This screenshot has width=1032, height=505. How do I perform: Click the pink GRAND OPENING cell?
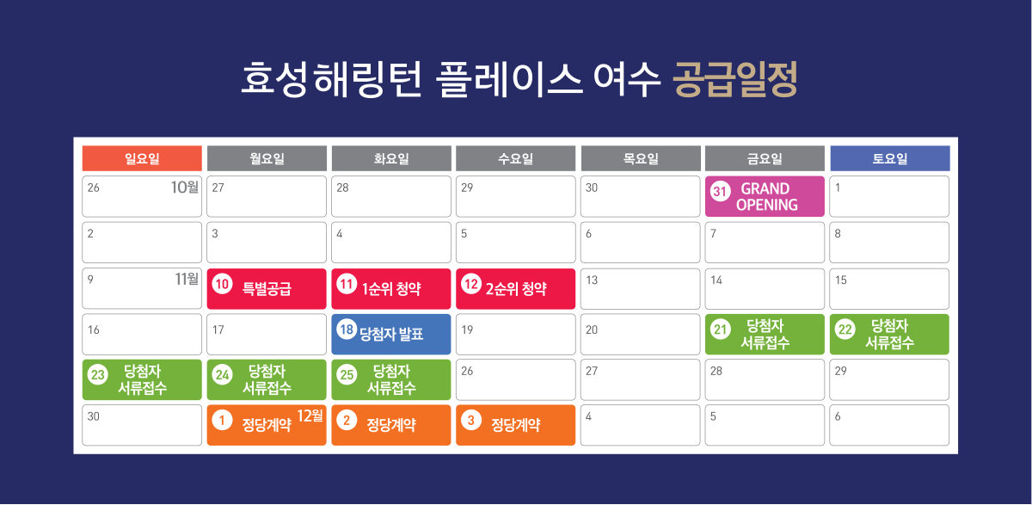point(765,196)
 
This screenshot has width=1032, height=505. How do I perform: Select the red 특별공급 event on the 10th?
point(267,289)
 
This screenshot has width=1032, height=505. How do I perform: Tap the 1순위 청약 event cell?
point(391,289)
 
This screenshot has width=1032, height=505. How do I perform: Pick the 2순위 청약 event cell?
point(515,289)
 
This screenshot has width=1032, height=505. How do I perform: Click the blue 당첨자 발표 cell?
point(391,334)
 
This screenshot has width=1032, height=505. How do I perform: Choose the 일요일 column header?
point(142,158)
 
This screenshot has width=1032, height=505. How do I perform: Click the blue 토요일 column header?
point(889,158)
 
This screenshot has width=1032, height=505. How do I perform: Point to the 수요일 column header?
point(515,158)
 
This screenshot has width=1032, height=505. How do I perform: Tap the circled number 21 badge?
point(721,329)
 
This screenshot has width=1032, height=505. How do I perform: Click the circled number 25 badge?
point(347,374)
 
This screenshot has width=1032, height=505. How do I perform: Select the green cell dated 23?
point(142,379)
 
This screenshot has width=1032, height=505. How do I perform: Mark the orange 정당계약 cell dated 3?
point(515,425)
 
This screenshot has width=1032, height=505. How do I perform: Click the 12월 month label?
point(310,416)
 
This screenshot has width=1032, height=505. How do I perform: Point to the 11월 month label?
point(187,279)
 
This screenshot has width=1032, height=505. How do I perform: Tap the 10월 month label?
point(185,187)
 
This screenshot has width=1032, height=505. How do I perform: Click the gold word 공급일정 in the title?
point(735,79)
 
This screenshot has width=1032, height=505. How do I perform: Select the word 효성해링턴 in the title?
point(331,79)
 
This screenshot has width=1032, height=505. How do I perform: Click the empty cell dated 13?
point(641,289)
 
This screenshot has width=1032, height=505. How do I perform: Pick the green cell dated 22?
point(889,334)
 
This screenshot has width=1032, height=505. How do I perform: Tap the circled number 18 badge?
point(347,329)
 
